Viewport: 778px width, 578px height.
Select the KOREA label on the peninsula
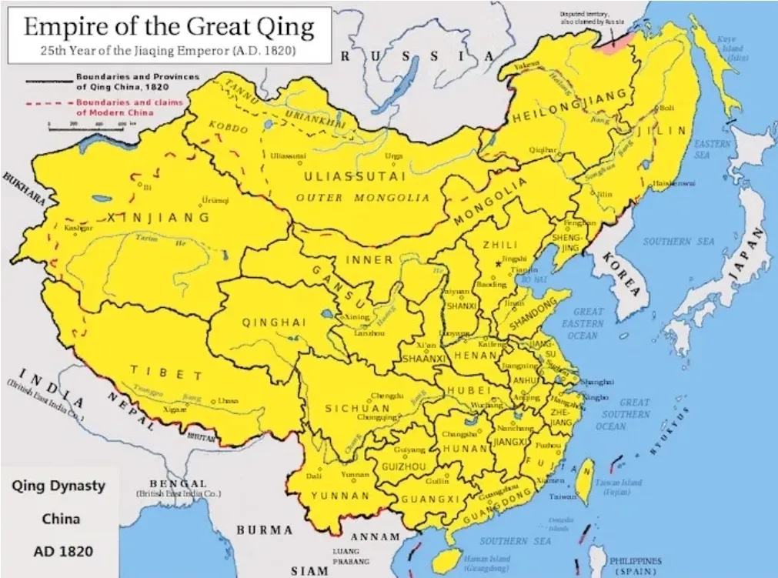621,273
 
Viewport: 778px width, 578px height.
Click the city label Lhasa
227,401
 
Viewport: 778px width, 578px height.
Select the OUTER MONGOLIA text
362,198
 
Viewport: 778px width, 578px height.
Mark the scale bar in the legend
92,126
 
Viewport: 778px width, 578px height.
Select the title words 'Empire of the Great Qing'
169,28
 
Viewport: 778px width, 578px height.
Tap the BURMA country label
264,530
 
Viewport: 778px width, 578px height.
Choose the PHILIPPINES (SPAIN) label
635,566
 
